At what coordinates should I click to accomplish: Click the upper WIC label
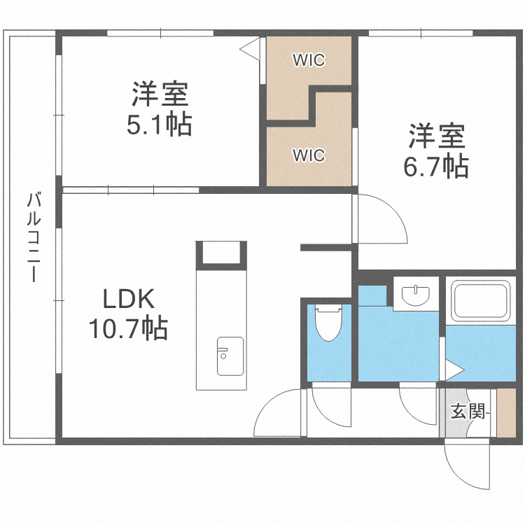309,60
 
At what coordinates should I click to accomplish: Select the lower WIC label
309,155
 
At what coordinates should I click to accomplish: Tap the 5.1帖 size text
160,126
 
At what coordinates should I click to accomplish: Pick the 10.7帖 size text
128,327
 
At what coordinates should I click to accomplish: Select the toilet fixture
328,322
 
